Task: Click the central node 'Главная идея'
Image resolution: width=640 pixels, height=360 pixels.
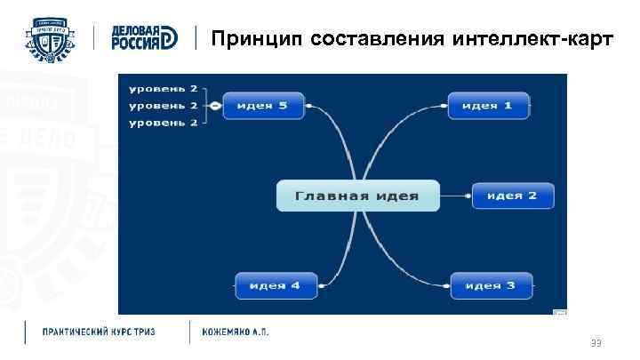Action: pyautogui.click(x=357, y=196)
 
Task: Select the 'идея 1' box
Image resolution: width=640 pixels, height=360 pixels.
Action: pyautogui.click(x=488, y=106)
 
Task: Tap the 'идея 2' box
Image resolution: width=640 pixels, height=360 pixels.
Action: pyautogui.click(x=512, y=196)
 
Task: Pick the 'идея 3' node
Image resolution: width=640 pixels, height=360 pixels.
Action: pyautogui.click(x=491, y=286)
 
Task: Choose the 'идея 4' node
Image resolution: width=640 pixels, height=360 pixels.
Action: pyautogui.click(x=275, y=286)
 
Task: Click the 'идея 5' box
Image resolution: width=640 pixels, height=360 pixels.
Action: pyautogui.click(x=262, y=106)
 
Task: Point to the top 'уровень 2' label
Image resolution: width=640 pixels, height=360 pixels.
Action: pyautogui.click(x=164, y=90)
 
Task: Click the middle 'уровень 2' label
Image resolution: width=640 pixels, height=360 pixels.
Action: pyautogui.click(x=164, y=106)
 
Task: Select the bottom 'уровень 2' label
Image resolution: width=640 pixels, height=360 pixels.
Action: pyautogui.click(x=164, y=122)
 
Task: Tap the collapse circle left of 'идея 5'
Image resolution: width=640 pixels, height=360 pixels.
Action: pyautogui.click(x=214, y=106)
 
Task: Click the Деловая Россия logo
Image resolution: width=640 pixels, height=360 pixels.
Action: pyautogui.click(x=144, y=37)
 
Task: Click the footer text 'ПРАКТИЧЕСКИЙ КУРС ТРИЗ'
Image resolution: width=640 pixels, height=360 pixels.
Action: pyautogui.click(x=99, y=332)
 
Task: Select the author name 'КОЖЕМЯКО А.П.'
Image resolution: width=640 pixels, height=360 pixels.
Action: pyautogui.click(x=236, y=332)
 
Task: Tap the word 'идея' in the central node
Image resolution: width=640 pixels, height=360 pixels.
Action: pyautogui.click(x=395, y=196)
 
